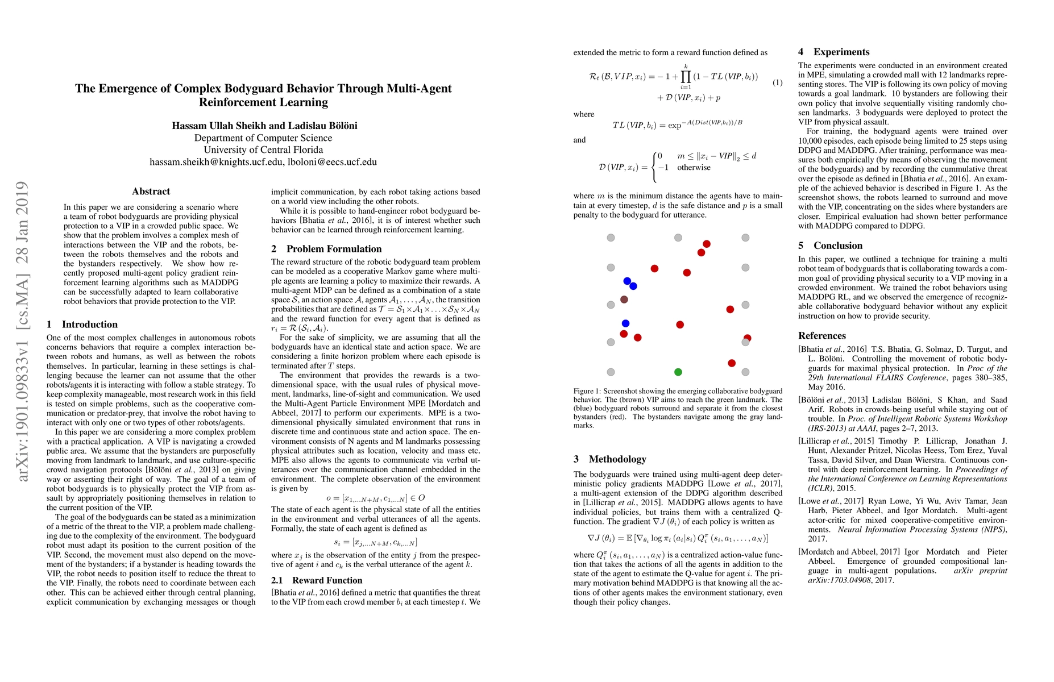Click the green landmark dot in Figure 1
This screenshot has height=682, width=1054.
click(678, 372)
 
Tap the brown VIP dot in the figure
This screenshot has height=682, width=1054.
click(624, 300)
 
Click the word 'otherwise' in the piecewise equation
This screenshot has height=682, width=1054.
click(694, 168)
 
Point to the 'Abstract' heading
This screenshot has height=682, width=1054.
click(151, 192)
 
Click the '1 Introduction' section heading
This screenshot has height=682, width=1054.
click(82, 325)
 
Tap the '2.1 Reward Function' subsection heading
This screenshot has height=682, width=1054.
click(316, 580)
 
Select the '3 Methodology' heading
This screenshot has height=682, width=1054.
click(609, 459)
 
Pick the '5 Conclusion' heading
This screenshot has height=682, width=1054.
click(830, 246)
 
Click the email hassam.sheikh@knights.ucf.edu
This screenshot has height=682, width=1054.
click(215, 162)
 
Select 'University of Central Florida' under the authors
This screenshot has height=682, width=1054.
click(263, 150)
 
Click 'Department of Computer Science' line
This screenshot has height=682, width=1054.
click(263, 138)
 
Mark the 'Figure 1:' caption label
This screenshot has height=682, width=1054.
click(587, 392)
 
